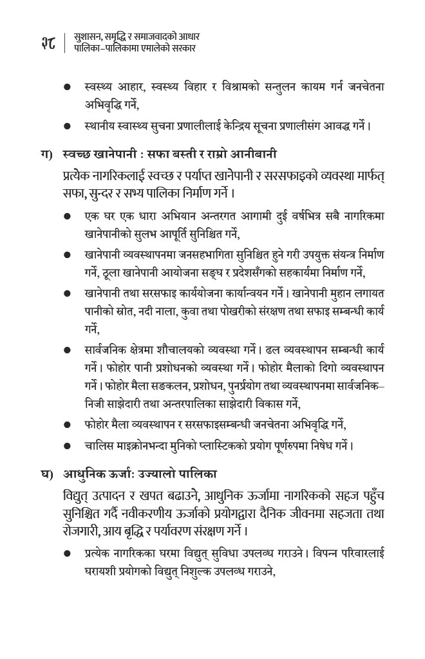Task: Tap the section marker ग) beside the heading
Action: tap(46, 154)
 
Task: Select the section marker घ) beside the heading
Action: tap(46, 474)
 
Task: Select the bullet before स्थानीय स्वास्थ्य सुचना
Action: tap(67, 126)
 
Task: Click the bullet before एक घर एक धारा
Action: tap(67, 216)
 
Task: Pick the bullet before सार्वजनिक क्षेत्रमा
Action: tap(67, 350)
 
